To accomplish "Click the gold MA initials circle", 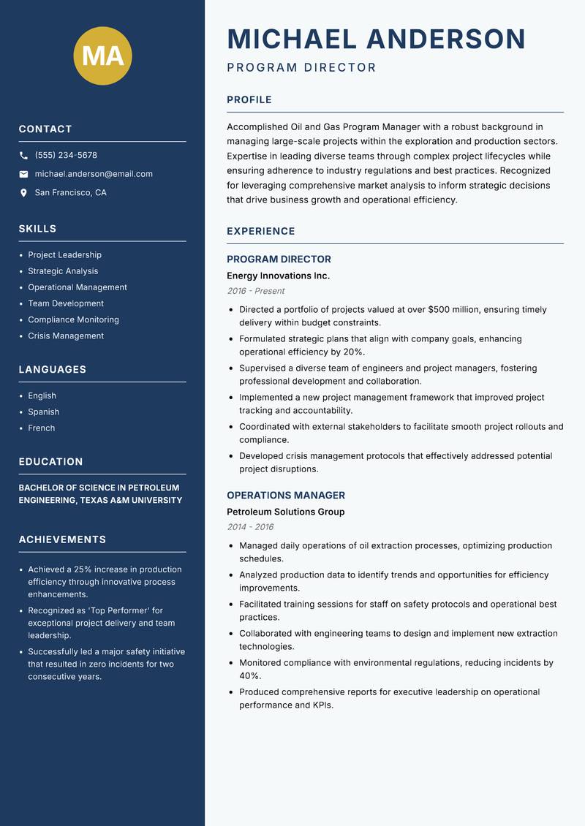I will tap(103, 56).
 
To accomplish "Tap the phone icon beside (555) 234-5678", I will tap(23, 156).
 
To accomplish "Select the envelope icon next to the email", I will tap(23, 174).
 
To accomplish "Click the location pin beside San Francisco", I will tap(23, 193).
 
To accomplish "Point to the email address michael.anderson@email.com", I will tap(94, 174).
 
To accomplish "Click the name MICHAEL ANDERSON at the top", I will tap(376, 39).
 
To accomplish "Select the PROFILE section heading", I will tap(249, 99).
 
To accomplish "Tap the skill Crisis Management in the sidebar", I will tap(66, 336).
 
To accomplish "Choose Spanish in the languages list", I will tap(44, 412).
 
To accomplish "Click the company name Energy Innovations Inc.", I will tap(278, 276).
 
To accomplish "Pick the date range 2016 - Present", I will tap(255, 291).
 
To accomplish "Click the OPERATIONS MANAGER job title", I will tap(285, 495).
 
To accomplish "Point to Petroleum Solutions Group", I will tap(285, 512).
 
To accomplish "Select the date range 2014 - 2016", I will tap(250, 527).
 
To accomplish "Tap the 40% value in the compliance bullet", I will tap(249, 676).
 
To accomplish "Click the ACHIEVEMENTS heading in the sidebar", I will tap(62, 539).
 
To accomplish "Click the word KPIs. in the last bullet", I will tap(322, 705).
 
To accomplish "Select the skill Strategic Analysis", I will tap(63, 271).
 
